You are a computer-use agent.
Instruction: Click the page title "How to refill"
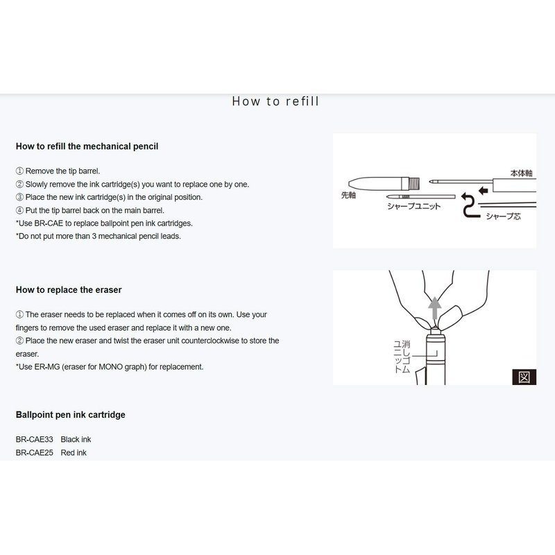click(275, 101)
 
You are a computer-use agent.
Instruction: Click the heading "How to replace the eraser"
click(69, 289)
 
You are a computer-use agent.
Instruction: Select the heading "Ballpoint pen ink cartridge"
click(70, 415)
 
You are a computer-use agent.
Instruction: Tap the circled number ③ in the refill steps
click(19, 197)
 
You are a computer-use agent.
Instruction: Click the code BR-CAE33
click(35, 439)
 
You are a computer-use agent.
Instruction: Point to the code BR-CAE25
click(35, 452)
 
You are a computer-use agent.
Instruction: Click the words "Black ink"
click(76, 439)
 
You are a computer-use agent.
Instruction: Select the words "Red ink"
click(74, 452)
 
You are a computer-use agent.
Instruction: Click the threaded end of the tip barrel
click(416, 183)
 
